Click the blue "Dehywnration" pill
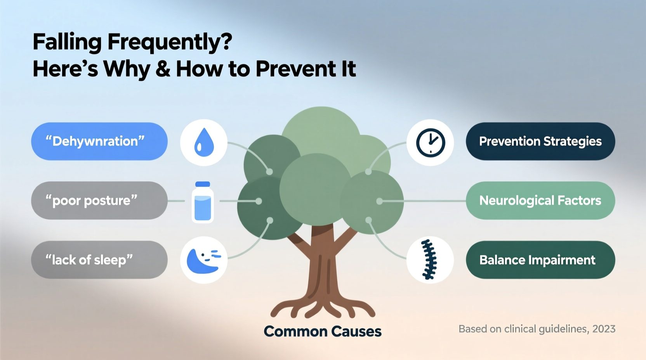(99, 141)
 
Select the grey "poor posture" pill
(99, 201)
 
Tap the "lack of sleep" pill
(99, 260)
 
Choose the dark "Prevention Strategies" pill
(540, 141)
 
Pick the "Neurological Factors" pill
(540, 201)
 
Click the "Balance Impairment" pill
(540, 260)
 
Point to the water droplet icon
(204, 143)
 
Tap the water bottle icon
(203, 202)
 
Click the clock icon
(430, 143)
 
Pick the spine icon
(429, 260)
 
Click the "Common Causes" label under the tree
(322, 331)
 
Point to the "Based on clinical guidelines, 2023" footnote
(537, 329)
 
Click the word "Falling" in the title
(67, 42)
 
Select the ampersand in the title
(163, 69)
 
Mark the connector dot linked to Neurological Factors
(380, 201)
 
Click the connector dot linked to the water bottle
(259, 201)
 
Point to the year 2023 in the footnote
(604, 329)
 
